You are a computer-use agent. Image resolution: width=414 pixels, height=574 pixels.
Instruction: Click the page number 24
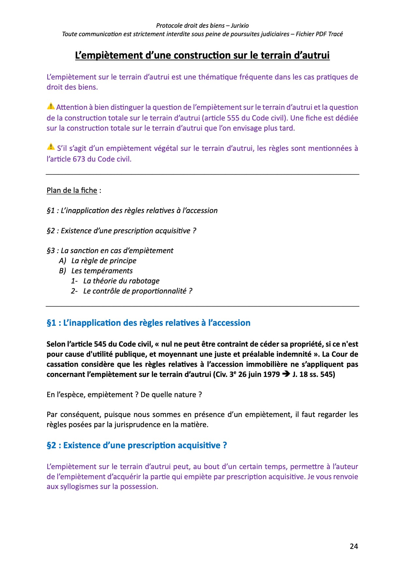tap(354, 546)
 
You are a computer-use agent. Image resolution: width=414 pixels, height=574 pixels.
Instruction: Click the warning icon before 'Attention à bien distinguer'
tap(51, 106)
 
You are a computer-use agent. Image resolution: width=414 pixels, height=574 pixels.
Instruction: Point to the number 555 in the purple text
tap(233, 118)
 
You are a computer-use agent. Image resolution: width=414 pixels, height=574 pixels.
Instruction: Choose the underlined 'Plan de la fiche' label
tap(72, 190)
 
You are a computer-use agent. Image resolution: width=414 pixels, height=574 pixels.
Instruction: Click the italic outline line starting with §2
tap(121, 231)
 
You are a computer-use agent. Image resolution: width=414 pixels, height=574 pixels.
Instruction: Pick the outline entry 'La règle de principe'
tap(104, 261)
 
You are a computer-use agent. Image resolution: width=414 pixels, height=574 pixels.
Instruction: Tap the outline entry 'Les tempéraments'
tap(102, 271)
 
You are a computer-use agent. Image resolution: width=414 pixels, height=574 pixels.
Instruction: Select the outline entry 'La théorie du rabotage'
tap(121, 281)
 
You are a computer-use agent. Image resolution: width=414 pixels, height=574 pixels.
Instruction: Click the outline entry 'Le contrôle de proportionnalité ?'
tap(138, 291)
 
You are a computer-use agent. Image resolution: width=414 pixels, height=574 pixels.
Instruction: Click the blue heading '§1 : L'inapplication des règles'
tap(148, 323)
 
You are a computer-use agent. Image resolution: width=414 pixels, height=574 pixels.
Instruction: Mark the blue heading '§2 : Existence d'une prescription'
tap(137, 445)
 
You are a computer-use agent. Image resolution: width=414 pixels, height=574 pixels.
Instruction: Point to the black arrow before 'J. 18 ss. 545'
tap(286, 374)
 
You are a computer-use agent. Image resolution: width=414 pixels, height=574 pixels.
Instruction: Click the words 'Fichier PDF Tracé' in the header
tap(319, 34)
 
